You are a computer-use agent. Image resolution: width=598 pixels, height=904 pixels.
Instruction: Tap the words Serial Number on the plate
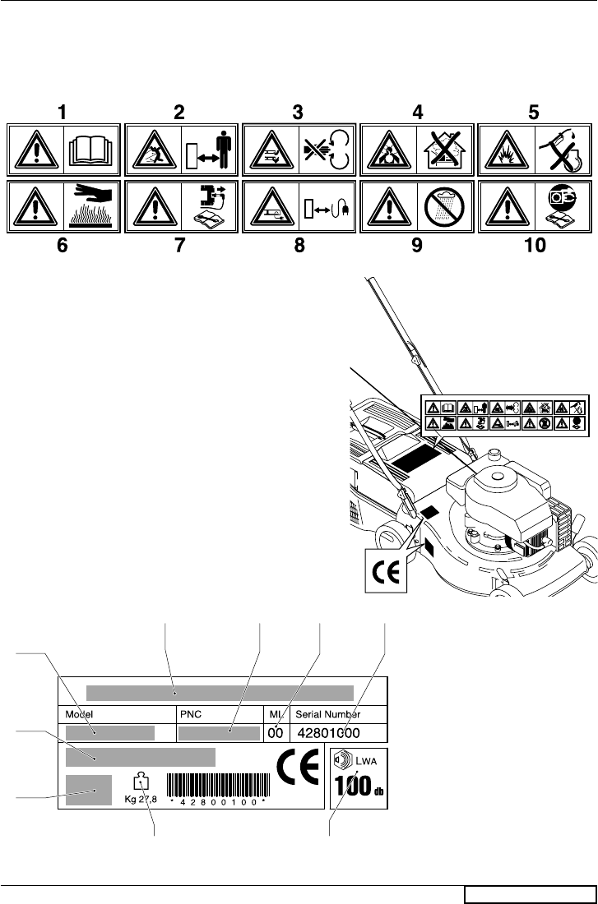339,714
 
